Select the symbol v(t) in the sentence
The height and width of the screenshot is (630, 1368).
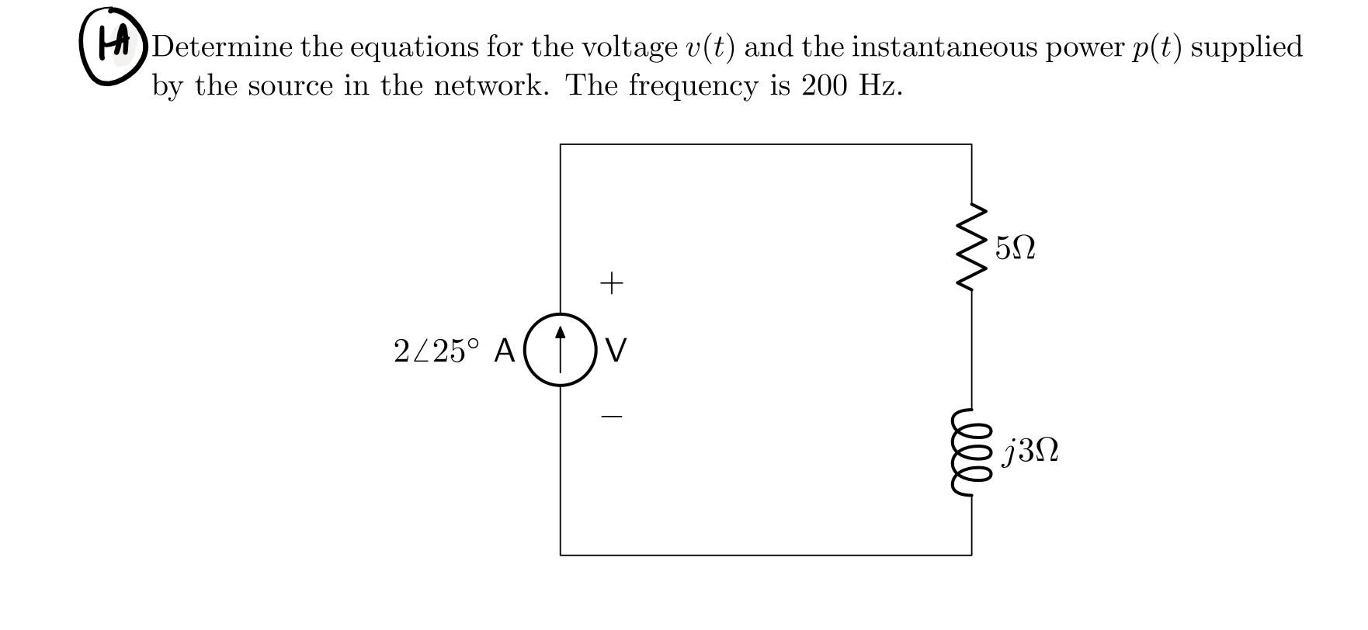click(x=710, y=48)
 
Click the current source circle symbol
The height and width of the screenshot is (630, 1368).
click(x=561, y=350)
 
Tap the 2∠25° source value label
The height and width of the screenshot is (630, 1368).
click(x=436, y=351)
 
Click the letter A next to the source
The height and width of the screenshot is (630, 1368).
click(x=504, y=351)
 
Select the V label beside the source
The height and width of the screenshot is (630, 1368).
click(x=616, y=351)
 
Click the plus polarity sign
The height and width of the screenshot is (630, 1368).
click(x=612, y=283)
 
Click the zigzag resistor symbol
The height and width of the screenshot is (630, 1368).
click(x=972, y=247)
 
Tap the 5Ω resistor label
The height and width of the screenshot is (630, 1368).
click(x=1015, y=248)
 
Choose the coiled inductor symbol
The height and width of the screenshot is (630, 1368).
click(x=970, y=451)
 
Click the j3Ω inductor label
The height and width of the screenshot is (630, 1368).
click(x=1030, y=451)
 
